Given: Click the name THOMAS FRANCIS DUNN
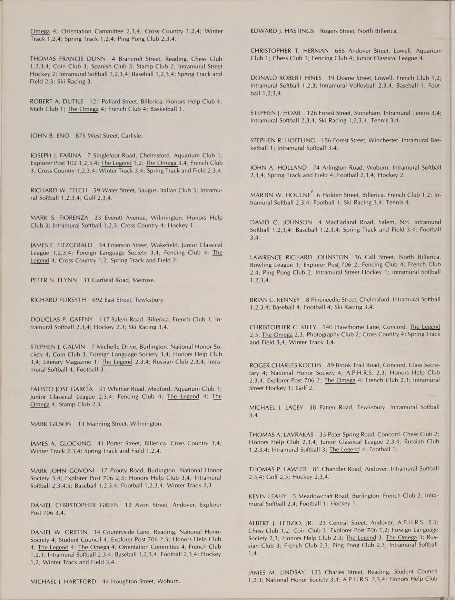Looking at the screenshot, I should pyautogui.click(x=68, y=59).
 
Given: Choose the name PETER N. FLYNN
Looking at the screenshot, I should pyautogui.click(x=53, y=280).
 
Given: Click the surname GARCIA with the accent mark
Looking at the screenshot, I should pyautogui.click(x=82, y=389).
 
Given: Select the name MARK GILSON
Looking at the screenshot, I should pyautogui.click(x=51, y=423).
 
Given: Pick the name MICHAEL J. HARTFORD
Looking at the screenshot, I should pyautogui.click(x=63, y=581).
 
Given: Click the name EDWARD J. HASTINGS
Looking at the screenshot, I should pyautogui.click(x=282, y=31).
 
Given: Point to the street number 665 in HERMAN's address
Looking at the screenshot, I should pyautogui.click(x=340, y=51).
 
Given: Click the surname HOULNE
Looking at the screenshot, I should pyautogui.click(x=298, y=195).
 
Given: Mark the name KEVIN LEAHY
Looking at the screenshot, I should pyautogui.click(x=268, y=496).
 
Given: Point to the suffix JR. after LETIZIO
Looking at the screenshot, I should pyautogui.click(x=306, y=523).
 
